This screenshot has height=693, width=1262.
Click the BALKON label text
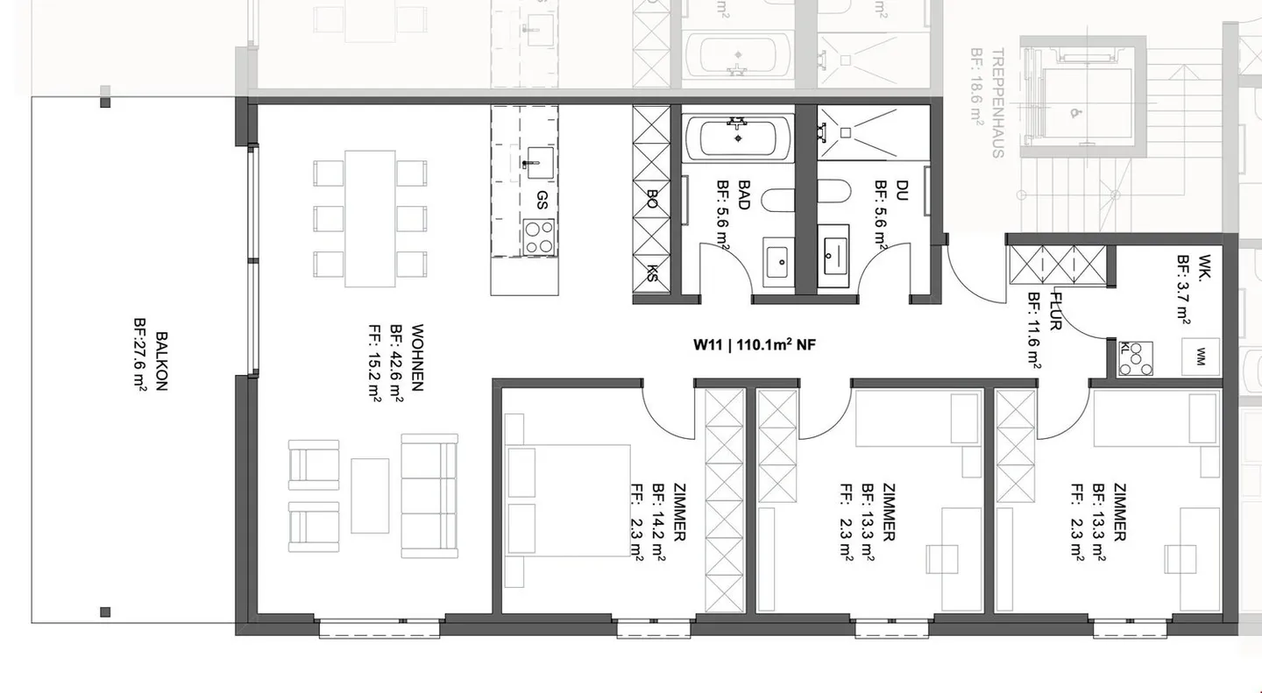point(161,360)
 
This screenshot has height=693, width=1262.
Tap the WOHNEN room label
point(417,359)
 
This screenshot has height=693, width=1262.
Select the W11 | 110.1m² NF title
point(755,345)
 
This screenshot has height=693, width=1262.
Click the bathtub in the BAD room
point(739,138)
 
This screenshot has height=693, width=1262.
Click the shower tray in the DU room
point(872,132)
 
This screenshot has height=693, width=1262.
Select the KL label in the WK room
point(1124,347)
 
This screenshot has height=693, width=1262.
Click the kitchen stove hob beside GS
point(539,235)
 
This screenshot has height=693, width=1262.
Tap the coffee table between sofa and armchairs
point(370,495)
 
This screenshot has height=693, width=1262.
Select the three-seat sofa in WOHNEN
point(429,495)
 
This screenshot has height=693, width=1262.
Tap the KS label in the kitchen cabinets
point(653,272)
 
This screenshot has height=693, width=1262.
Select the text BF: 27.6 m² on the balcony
point(140,360)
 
